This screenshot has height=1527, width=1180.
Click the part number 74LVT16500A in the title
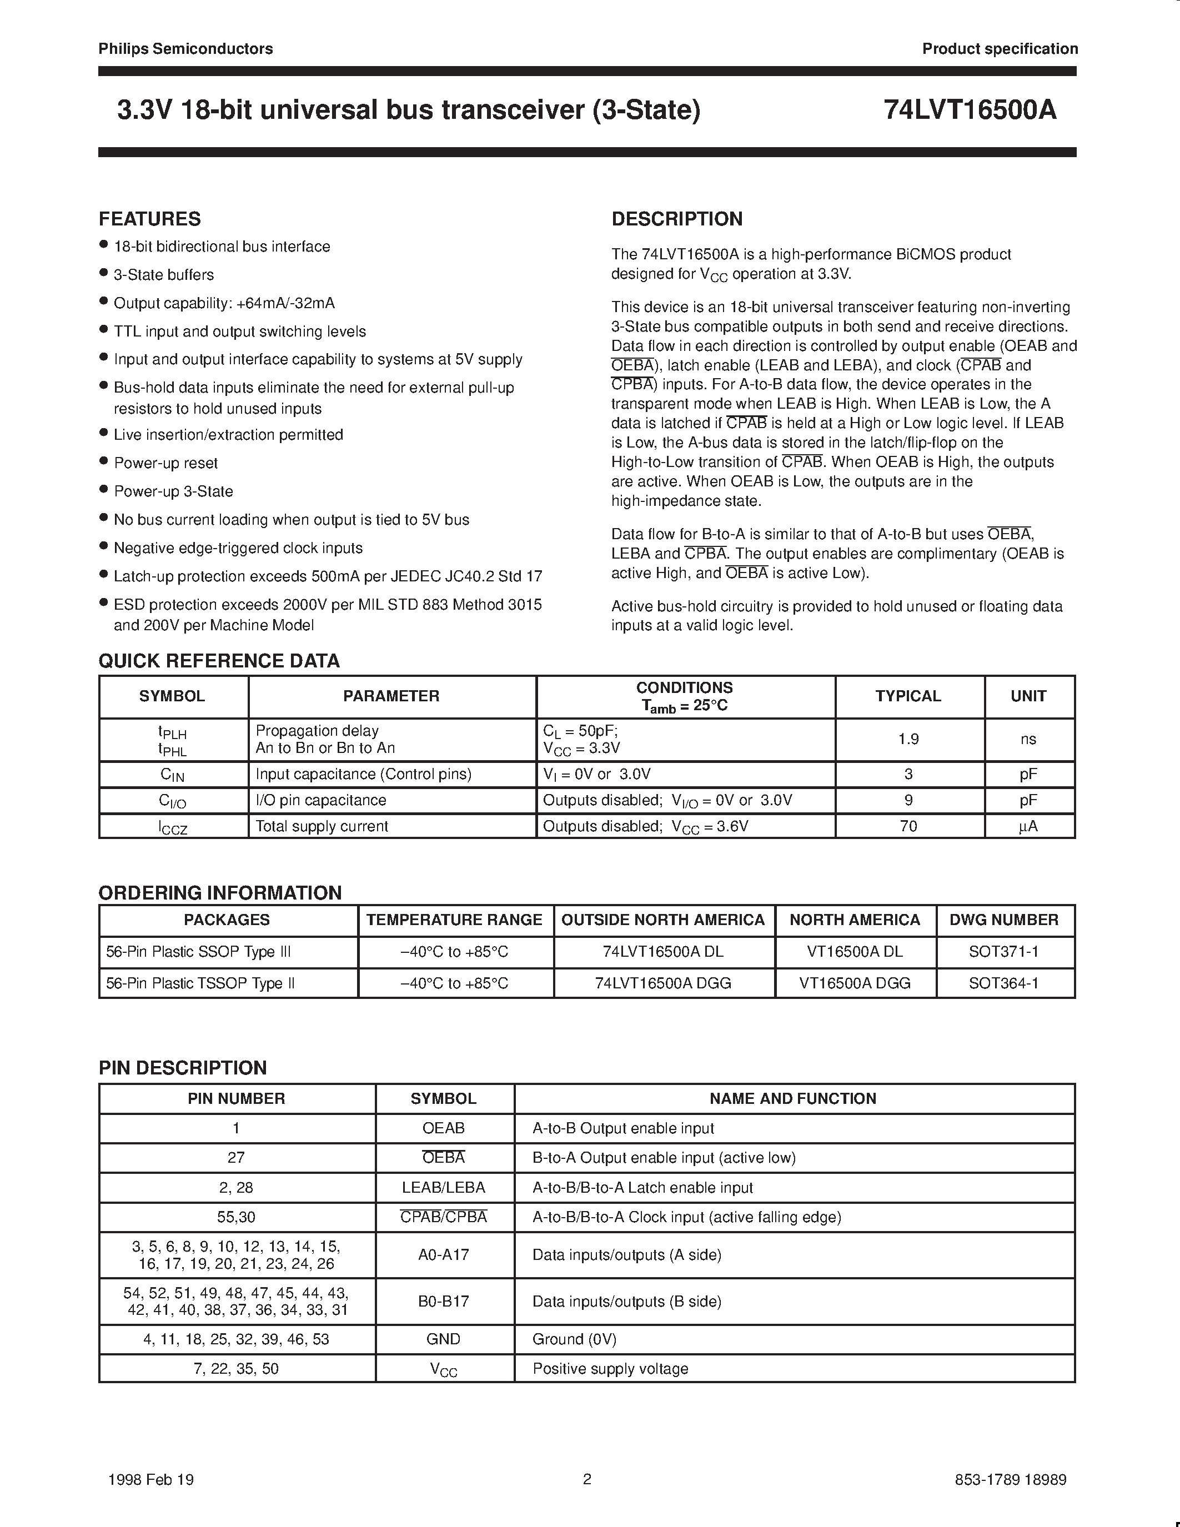(970, 110)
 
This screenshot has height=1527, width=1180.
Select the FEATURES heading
(149, 219)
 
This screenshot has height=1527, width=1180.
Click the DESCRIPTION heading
(677, 219)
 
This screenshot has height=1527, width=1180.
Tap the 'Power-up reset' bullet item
(165, 463)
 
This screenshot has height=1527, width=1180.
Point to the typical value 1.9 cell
(908, 739)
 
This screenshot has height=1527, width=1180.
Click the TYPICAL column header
(908, 696)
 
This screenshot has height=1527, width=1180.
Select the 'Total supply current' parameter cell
(322, 826)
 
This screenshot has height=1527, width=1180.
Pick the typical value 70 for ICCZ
(908, 826)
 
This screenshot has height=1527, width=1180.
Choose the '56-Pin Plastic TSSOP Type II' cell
(200, 983)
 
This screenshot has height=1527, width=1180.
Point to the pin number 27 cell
(237, 1157)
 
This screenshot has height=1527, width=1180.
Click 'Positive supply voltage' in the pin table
(610, 1368)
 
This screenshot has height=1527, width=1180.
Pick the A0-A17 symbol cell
(443, 1254)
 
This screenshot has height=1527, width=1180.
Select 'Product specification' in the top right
(1000, 49)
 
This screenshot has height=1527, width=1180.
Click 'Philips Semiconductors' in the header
(185, 49)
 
